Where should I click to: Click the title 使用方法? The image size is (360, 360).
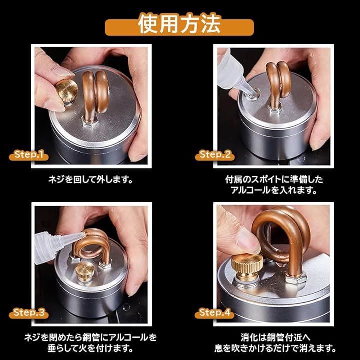179,24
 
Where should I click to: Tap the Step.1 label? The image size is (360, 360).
29,155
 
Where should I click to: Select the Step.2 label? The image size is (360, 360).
215,155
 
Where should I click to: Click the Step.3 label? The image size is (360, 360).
29,313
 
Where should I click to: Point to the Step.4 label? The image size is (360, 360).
215,313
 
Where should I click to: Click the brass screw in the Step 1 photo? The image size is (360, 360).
67,91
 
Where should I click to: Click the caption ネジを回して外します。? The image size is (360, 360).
91,180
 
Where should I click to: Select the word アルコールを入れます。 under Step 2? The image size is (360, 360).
274,190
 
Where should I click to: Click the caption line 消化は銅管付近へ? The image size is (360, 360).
275,337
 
